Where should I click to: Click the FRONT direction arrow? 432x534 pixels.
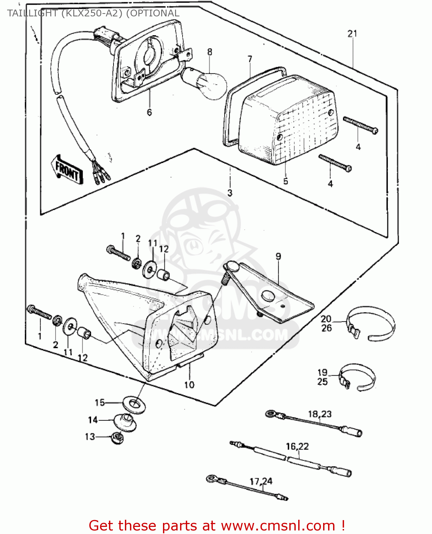pos(68,170)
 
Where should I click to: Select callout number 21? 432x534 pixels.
pos(352,34)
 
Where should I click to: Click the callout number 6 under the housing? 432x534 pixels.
pos(149,112)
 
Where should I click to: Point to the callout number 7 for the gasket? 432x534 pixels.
pos(250,59)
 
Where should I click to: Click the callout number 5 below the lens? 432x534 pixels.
pos(285,181)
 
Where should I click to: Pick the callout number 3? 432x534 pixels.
pos(230,193)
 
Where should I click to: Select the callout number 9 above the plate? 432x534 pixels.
pos(278,256)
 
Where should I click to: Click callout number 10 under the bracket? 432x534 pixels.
pos(189,385)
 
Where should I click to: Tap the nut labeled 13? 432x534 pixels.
pos(117,438)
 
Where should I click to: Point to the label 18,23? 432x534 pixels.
pos(320,414)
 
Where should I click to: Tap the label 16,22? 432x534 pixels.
pos(297,446)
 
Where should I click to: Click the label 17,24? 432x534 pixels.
pos(261,481)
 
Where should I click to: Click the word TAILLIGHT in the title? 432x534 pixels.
pos(32,13)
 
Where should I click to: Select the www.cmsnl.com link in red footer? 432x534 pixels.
pos(278,525)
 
